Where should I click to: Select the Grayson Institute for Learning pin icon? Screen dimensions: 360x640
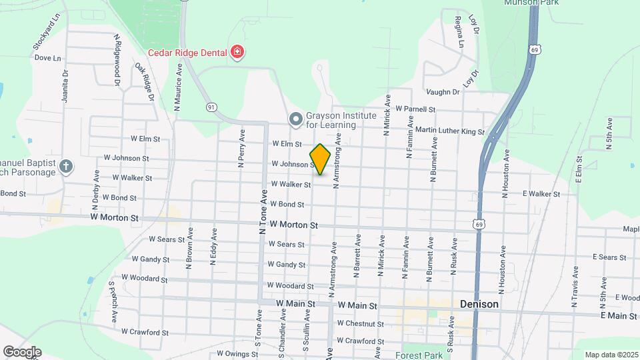(296, 119)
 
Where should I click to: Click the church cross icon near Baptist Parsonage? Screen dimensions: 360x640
(66, 167)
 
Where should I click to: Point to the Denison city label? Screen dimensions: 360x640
(479, 304)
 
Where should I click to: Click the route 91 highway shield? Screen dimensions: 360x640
(211, 107)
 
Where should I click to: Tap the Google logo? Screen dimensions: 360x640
(22, 351)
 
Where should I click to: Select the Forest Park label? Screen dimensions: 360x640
(418, 355)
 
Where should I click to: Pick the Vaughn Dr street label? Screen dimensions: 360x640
(443, 92)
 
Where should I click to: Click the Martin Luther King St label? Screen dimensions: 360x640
(449, 131)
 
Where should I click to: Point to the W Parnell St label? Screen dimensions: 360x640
(415, 109)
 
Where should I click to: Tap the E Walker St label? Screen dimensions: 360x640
(541, 194)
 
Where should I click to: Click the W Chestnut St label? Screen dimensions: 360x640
(361, 323)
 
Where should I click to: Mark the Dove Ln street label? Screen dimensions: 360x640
(47, 58)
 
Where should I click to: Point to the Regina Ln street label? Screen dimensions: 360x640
(459, 32)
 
